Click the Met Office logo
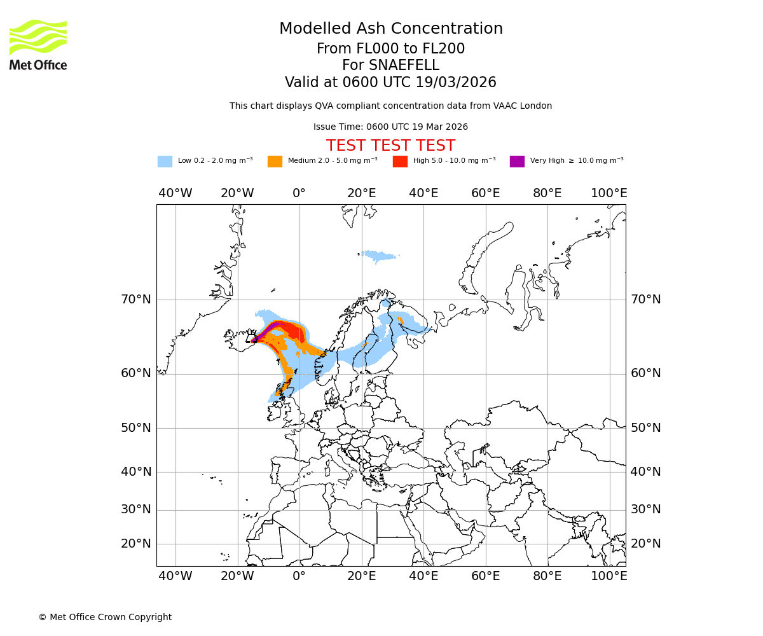click(38, 45)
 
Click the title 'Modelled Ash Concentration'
click(390, 29)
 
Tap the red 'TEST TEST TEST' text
click(390, 146)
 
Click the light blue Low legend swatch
click(165, 161)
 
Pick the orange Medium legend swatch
click(275, 161)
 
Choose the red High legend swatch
click(400, 161)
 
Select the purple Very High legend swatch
click(517, 161)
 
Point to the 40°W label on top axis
click(175, 193)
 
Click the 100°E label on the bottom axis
click(609, 576)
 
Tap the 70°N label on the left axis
click(136, 300)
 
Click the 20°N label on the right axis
click(645, 544)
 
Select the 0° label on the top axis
click(299, 193)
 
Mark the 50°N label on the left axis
click(136, 428)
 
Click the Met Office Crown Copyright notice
click(105, 617)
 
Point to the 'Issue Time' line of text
click(390, 127)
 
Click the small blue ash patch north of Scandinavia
click(379, 256)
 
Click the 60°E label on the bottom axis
click(485, 576)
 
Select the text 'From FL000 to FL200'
click(390, 49)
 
